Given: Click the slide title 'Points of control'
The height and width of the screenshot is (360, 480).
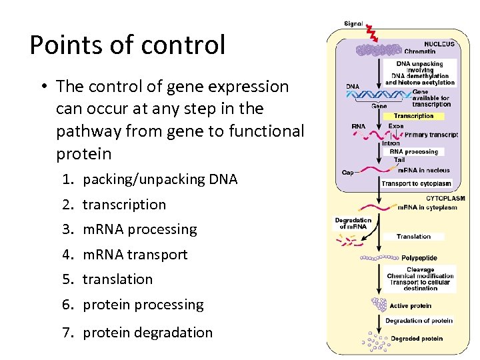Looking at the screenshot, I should pyautogui.click(x=127, y=45).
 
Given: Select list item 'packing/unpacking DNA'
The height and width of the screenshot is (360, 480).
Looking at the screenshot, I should pyautogui.click(x=159, y=179).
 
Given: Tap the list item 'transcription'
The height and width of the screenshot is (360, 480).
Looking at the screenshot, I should pyautogui.click(x=124, y=205).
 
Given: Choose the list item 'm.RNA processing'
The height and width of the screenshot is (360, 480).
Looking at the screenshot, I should pyautogui.click(x=139, y=229).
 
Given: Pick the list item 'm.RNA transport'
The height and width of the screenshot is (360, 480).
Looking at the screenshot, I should pyautogui.click(x=135, y=255).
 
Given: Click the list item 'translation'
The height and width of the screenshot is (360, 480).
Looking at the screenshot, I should pyautogui.click(x=117, y=279).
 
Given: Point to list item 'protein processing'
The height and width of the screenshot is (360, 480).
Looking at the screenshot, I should pyautogui.click(x=143, y=305).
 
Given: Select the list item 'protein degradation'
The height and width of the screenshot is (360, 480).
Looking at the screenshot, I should pyautogui.click(x=147, y=333).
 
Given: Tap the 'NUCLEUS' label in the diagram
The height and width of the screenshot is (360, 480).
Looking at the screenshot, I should pyautogui.click(x=438, y=44).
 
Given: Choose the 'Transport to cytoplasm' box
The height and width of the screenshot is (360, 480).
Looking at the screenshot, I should pyautogui.click(x=416, y=183).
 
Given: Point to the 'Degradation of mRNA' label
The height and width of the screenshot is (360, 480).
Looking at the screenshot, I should pyautogui.click(x=353, y=223).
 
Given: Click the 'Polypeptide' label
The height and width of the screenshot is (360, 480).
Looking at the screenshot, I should pyautogui.click(x=419, y=257).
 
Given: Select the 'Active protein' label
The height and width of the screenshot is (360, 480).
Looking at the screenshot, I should pyautogui.click(x=410, y=306).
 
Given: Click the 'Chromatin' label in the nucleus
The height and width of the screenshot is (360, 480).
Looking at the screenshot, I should pyautogui.click(x=419, y=51).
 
